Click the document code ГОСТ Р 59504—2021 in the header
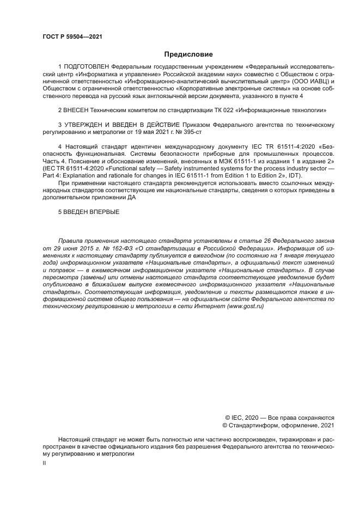point(72,37)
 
